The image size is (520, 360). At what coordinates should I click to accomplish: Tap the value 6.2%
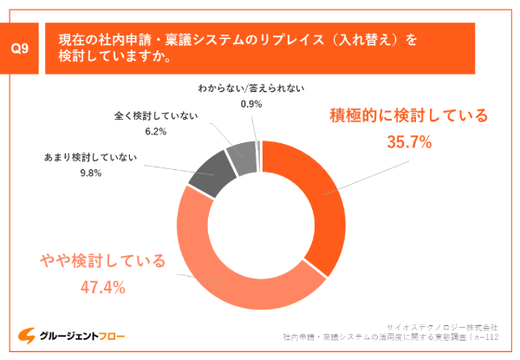click(156, 131)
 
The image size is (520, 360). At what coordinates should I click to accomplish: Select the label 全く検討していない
click(156, 115)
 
